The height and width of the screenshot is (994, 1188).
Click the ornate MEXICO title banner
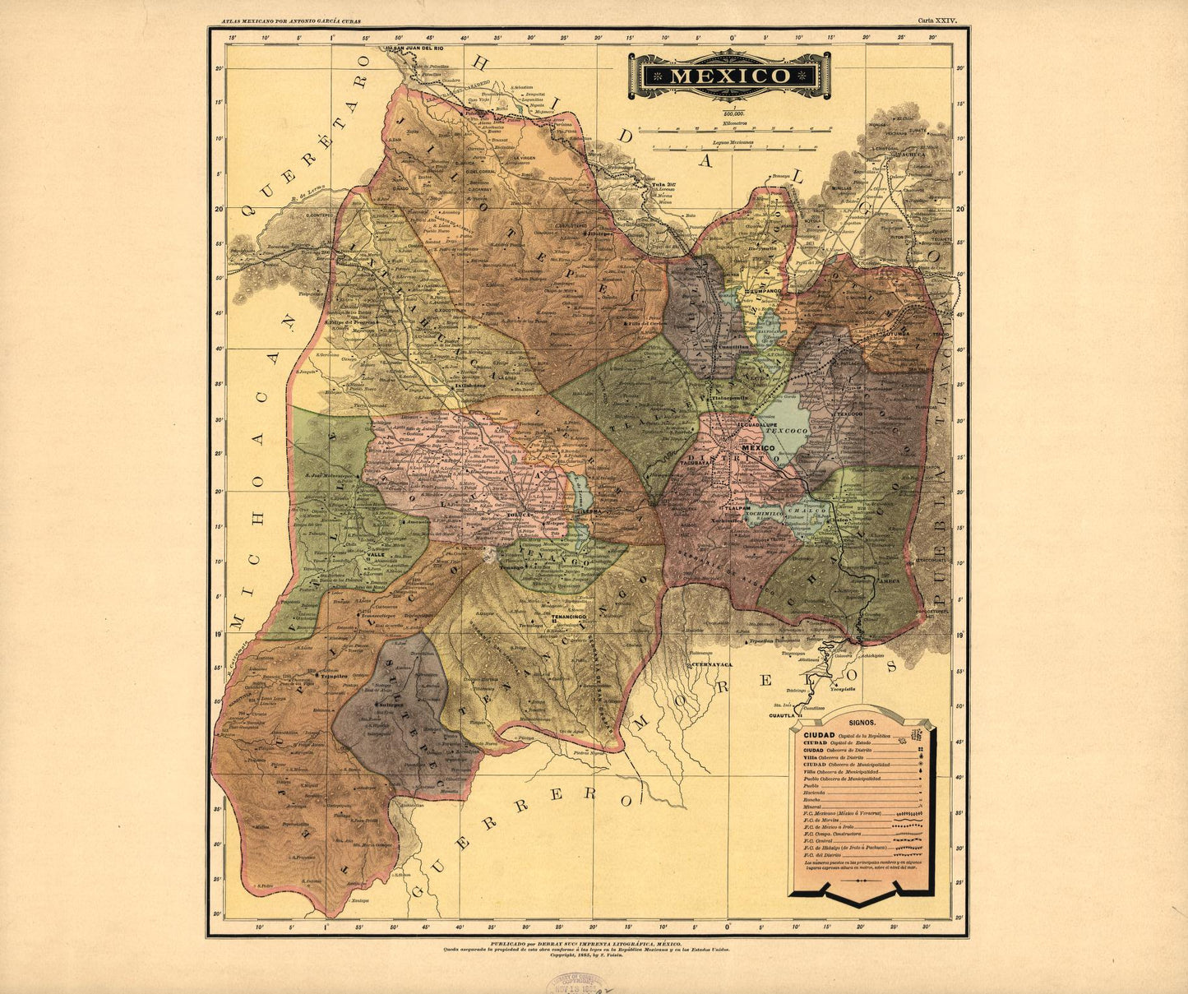tap(729, 76)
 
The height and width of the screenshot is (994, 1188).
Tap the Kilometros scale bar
tap(728, 128)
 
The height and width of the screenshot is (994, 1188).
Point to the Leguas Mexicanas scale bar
tap(734, 147)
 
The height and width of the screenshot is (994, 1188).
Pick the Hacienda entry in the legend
tap(815, 793)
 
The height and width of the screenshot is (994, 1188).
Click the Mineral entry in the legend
tap(813, 807)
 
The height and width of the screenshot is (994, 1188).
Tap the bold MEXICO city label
tap(757, 447)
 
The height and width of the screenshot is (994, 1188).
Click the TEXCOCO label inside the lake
tap(777, 430)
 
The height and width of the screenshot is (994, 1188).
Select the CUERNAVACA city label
tap(711, 663)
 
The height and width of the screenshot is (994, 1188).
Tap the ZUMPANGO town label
tap(762, 292)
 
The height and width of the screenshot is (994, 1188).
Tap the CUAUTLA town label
tap(784, 715)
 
